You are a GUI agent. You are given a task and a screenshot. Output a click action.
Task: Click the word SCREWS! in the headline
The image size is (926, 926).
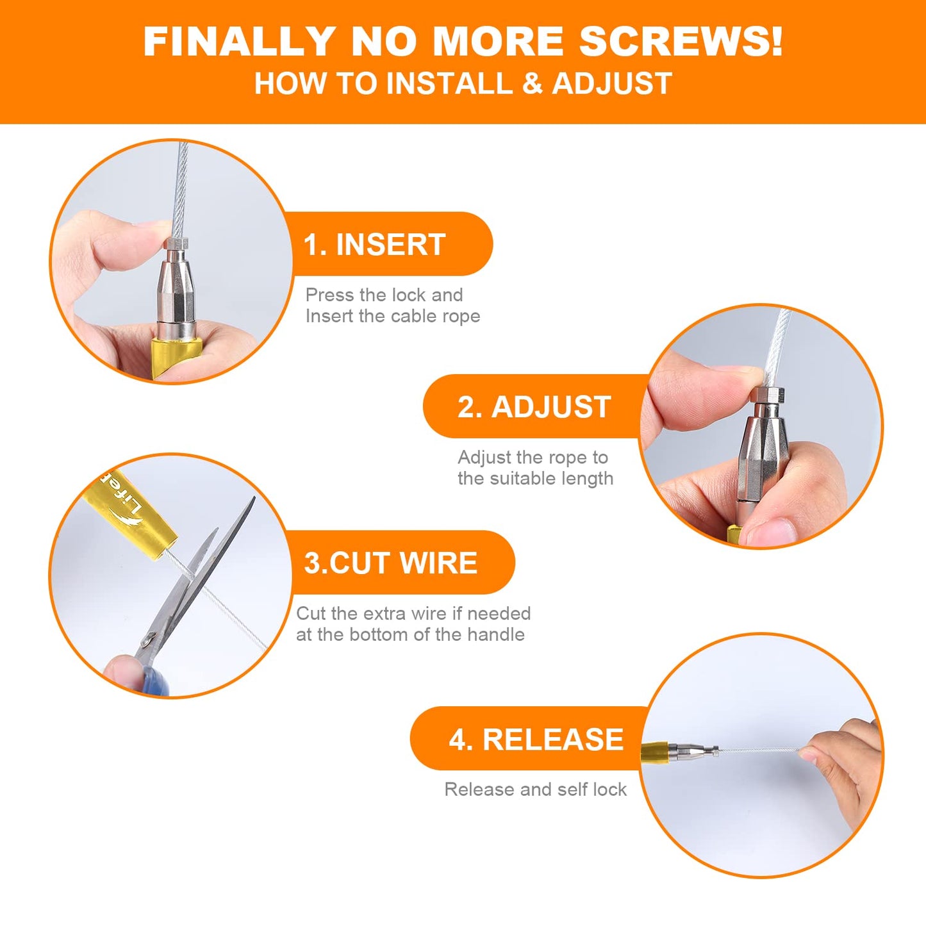tap(681, 41)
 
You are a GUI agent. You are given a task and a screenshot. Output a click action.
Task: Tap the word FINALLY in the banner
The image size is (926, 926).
tap(239, 41)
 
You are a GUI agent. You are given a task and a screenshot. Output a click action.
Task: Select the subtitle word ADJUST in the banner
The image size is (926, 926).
tap(612, 83)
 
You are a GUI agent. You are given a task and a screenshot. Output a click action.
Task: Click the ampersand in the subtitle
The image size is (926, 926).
tap(532, 83)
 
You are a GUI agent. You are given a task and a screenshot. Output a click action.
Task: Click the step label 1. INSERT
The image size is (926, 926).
tap(374, 245)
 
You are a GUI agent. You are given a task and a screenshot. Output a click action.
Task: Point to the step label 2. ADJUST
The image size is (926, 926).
tap(534, 407)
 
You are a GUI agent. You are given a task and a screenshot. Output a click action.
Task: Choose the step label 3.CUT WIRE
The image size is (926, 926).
tap(391, 563)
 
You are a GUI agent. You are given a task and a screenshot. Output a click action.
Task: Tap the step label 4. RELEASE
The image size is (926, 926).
tap(536, 739)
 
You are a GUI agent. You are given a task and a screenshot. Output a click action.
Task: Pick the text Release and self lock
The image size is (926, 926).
tap(535, 789)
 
